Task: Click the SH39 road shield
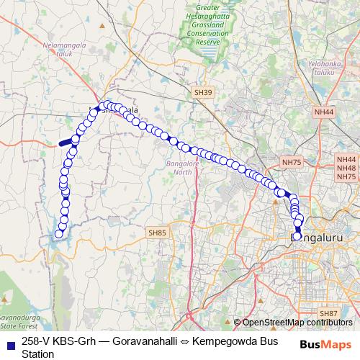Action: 204,93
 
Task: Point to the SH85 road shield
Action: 157,233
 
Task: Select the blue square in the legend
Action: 10,342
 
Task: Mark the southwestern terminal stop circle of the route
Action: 59,233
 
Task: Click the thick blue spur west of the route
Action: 66,143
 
